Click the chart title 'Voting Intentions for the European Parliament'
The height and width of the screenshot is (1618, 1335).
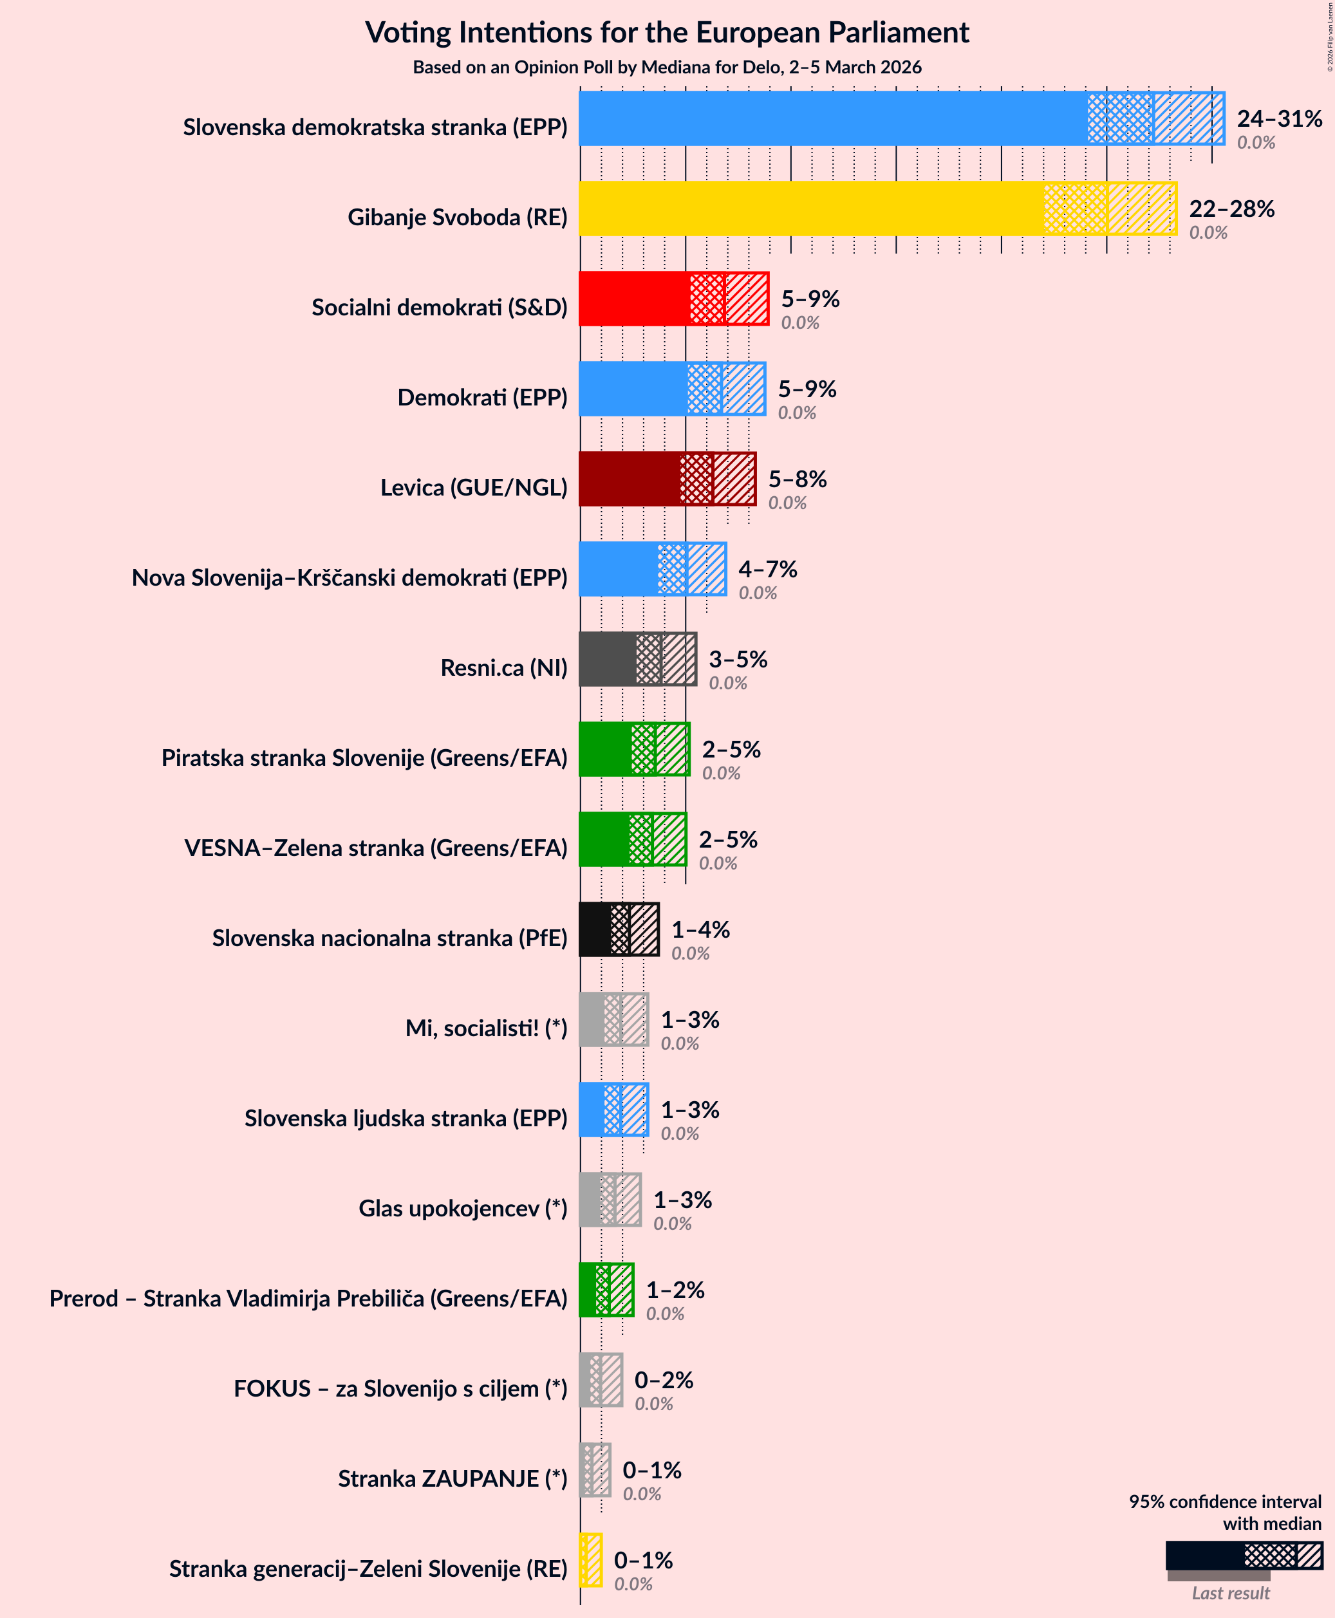667,33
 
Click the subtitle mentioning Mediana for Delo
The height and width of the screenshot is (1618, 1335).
667,68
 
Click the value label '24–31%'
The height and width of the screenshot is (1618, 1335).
1279,118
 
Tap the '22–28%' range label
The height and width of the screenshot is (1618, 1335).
1231,209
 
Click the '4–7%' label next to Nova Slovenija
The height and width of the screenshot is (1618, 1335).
767,569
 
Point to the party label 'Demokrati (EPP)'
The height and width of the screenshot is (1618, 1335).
482,398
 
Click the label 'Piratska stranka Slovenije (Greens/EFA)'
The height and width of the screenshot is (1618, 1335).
364,758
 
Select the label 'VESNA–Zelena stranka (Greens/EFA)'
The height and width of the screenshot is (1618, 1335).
375,848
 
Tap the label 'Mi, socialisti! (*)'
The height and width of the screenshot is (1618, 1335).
486,1028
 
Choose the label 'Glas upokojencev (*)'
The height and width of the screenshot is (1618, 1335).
462,1208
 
